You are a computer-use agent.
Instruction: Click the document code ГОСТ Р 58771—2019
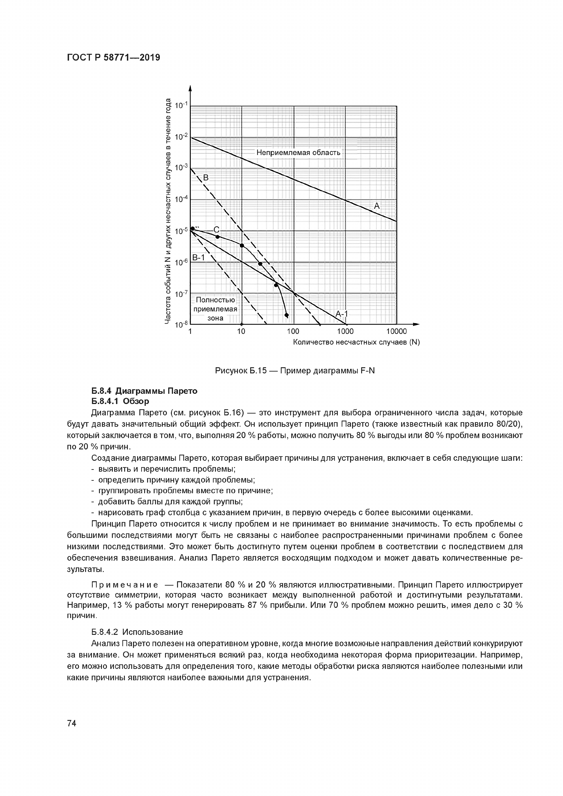point(113,58)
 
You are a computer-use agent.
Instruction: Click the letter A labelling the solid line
point(377,206)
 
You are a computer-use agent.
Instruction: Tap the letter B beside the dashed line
point(206,178)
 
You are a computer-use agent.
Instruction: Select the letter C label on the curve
point(216,229)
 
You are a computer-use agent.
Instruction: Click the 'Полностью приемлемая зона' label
point(215,309)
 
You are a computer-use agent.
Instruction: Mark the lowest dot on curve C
point(286,315)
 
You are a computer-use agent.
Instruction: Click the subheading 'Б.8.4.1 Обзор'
point(120,401)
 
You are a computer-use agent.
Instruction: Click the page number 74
point(72,723)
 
